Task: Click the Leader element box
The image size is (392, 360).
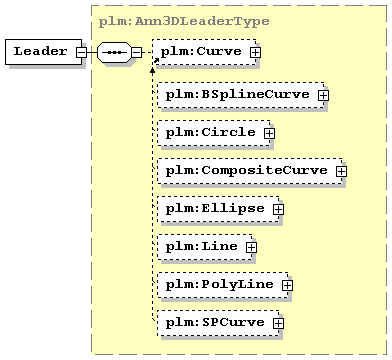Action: pyautogui.click(x=43, y=52)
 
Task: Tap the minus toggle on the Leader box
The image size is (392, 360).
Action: pyautogui.click(x=81, y=52)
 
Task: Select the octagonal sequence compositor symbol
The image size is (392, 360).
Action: pyautogui.click(x=114, y=52)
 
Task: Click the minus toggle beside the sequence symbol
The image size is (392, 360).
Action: pyautogui.click(x=136, y=52)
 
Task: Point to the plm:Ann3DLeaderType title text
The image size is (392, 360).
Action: pyautogui.click(x=184, y=22)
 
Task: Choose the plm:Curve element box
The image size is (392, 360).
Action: pyautogui.click(x=204, y=52)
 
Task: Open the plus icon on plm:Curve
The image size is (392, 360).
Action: pyautogui.click(x=256, y=52)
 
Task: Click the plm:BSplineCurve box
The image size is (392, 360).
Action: pyautogui.click(x=241, y=95)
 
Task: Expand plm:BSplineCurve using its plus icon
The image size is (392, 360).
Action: pyautogui.click(x=323, y=95)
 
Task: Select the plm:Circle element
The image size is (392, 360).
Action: pyautogui.click(x=214, y=133)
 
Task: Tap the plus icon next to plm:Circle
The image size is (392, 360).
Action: pyautogui.click(x=269, y=133)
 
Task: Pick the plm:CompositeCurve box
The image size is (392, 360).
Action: pyautogui.click(x=250, y=171)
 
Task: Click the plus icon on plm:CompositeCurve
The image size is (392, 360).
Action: pyautogui.click(x=341, y=171)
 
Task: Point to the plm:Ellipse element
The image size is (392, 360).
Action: pyautogui.click(x=218, y=209)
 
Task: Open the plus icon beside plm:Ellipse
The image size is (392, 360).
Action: pyautogui.click(x=278, y=209)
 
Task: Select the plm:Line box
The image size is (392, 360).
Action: pyautogui.click(x=205, y=247)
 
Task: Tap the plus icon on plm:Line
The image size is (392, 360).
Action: pyautogui.click(x=251, y=247)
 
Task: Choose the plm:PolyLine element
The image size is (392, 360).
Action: pyautogui.click(x=223, y=285)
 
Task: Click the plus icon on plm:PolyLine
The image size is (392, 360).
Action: pyautogui.click(x=287, y=285)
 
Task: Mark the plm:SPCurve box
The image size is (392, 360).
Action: pyautogui.click(x=218, y=323)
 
